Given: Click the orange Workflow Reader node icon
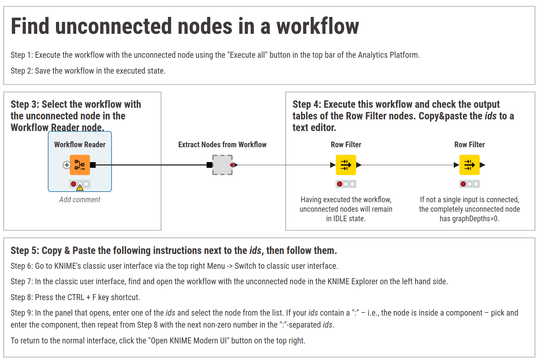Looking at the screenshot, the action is (x=80, y=165).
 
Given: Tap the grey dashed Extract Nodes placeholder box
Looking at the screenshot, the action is (x=223, y=165).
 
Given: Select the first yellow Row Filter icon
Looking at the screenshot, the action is (x=346, y=165).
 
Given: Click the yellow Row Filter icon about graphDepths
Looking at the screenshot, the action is (x=469, y=165).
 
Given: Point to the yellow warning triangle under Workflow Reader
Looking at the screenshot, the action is (x=80, y=188).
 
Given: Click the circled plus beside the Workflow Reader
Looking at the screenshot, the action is (x=67, y=165).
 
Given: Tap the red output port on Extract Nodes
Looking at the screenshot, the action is (x=232, y=165).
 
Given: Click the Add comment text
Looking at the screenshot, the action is (x=80, y=200).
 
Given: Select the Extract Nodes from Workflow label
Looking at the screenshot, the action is (x=223, y=144).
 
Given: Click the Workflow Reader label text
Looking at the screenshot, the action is (x=80, y=144).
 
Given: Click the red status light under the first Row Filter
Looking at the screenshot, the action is (x=340, y=184).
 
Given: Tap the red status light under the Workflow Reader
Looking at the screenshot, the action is (x=74, y=184).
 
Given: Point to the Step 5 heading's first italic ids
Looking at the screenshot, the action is (x=255, y=250).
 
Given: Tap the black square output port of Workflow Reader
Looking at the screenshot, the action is (x=93, y=165).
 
